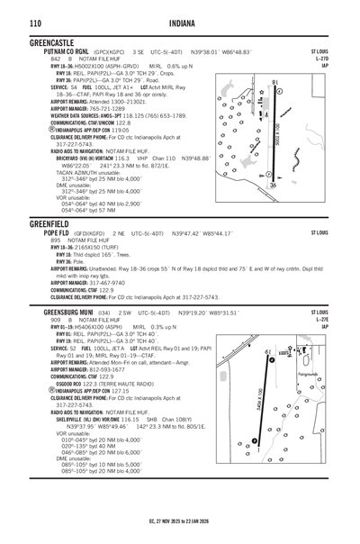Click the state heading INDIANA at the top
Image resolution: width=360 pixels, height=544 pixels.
[x=180, y=23]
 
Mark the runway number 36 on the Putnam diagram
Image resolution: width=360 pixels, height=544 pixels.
[x=273, y=185]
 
